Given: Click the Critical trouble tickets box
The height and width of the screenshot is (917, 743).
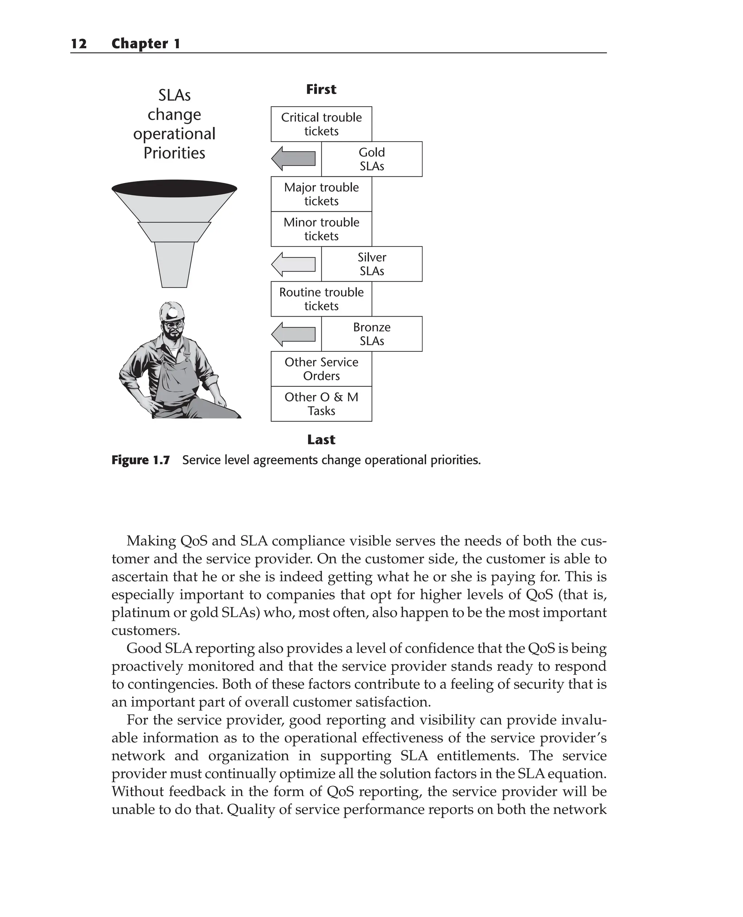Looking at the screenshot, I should [x=321, y=124].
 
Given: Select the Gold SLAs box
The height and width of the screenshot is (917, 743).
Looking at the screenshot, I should [x=371, y=159].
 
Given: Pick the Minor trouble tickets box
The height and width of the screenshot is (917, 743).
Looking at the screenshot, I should [x=321, y=229].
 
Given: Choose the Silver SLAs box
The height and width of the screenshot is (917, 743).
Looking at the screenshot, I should [x=371, y=264].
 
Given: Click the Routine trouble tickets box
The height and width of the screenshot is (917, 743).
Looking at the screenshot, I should [x=321, y=299].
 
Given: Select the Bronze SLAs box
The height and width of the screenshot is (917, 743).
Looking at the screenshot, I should [x=371, y=334].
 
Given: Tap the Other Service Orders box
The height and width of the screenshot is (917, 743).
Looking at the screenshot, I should [x=321, y=369].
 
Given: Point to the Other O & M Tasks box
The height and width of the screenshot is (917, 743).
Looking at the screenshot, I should [x=321, y=404].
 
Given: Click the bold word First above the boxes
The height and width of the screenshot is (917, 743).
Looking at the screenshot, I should [x=321, y=90].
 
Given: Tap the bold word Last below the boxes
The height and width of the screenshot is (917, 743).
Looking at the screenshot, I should [x=321, y=440].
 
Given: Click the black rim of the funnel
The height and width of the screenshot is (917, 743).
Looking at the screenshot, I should [x=174, y=188].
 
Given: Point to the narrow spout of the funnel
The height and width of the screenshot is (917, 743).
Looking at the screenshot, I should [x=174, y=265].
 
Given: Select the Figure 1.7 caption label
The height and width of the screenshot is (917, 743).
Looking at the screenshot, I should [x=140, y=460].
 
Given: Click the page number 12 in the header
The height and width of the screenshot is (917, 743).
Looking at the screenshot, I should [x=79, y=44].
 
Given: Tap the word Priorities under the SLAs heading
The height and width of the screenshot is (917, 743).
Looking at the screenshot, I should [x=174, y=153].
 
